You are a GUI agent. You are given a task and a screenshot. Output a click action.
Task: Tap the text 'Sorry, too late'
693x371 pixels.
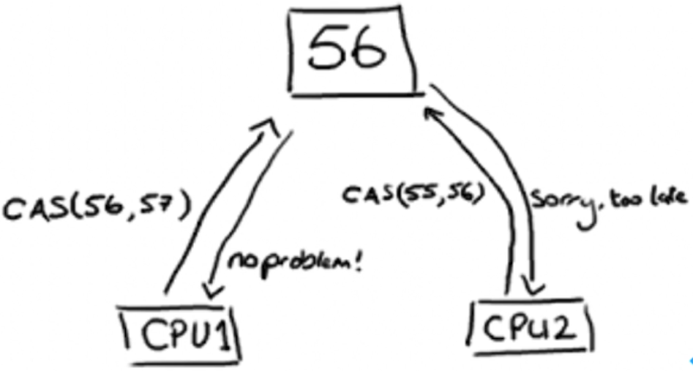(610, 198)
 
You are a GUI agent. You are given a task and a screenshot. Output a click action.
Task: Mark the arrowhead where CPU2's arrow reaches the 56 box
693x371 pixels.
(432, 113)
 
